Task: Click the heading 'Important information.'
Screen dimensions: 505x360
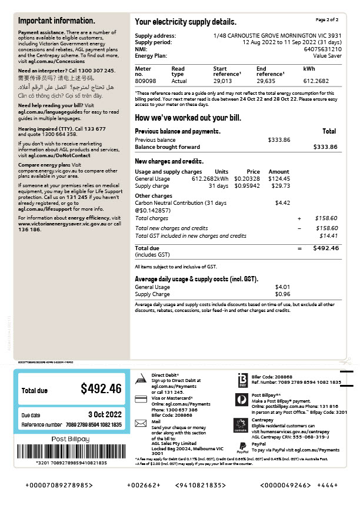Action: (57, 21)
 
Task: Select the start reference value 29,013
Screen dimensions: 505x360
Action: (221, 81)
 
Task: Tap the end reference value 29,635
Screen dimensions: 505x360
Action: (266, 81)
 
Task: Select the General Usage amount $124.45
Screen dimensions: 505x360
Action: (278, 178)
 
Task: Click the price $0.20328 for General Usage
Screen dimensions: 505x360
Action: (246, 178)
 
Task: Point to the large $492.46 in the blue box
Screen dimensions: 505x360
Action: (101, 389)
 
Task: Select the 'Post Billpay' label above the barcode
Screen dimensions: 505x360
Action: (71, 439)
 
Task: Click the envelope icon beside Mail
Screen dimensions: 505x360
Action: (140, 423)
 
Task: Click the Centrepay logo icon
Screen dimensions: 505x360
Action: (241, 424)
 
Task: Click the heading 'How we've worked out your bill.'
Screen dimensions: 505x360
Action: (188, 118)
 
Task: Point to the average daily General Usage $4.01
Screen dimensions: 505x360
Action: (282, 287)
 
